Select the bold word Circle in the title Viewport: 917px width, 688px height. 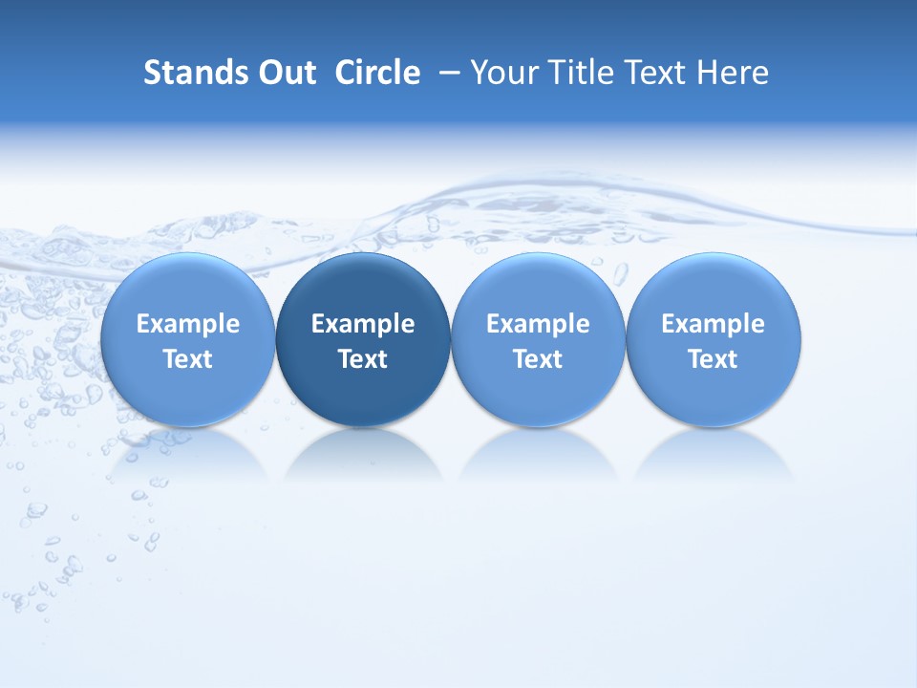377,73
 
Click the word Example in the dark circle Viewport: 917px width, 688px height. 363,324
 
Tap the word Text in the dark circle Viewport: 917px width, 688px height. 363,359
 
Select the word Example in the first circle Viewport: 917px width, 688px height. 187,324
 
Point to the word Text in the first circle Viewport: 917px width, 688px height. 187,359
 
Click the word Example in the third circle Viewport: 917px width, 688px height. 538,324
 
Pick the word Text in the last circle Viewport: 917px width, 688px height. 714,359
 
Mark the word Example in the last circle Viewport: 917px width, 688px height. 714,324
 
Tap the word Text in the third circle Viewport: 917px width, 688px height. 538,359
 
